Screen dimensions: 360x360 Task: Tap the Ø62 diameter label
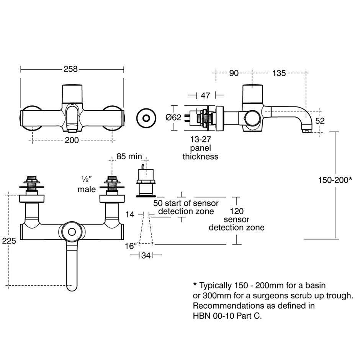click(x=173, y=118)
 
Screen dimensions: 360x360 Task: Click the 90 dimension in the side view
click(x=234, y=73)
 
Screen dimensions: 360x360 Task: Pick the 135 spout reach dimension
click(x=279, y=73)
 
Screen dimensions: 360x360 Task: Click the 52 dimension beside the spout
click(x=320, y=121)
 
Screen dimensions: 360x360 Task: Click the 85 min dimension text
click(x=129, y=156)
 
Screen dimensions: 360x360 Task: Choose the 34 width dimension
click(x=146, y=255)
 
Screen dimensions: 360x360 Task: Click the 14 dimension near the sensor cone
click(x=130, y=214)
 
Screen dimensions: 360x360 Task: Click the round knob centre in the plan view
click(x=71, y=232)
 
